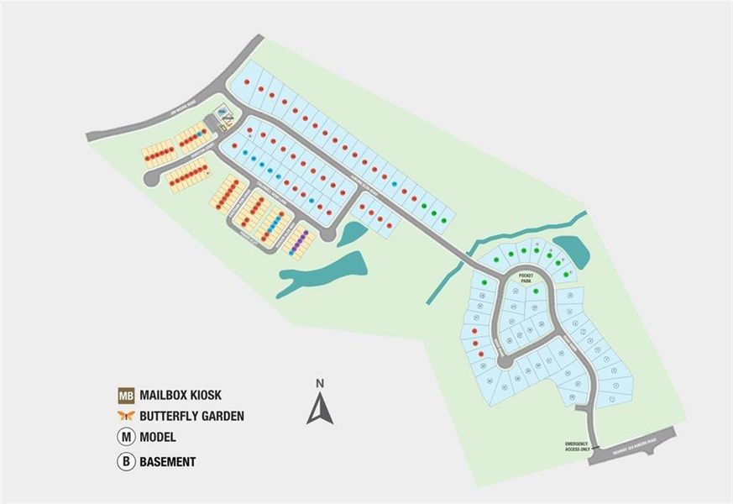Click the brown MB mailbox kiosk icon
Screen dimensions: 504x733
126,395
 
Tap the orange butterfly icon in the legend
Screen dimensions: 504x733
126,416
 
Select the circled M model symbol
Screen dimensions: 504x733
126,438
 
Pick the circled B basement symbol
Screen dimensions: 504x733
126,461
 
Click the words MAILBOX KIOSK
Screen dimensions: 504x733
181,395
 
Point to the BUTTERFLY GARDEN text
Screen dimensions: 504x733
192,416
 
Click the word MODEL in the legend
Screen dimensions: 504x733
158,438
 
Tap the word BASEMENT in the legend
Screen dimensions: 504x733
168,461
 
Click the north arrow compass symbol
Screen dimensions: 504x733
320,409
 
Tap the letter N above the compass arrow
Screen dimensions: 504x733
320,384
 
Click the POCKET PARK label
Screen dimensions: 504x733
526,278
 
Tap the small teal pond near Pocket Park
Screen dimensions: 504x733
568,248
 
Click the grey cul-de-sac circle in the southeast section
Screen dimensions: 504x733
505,362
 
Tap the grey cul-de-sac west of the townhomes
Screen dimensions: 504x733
150,179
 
